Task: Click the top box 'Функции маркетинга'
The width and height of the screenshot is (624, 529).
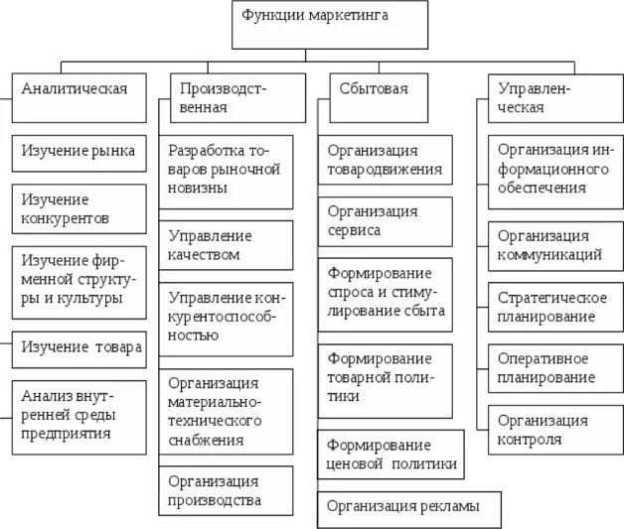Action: pyautogui.click(x=331, y=25)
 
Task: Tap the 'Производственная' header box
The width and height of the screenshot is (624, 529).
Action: pyautogui.click(x=231, y=97)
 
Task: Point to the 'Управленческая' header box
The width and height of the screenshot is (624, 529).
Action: pyautogui.click(x=550, y=97)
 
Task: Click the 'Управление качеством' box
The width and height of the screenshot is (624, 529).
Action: pyautogui.click(x=230, y=245)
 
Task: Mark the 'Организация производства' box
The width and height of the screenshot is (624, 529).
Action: pyautogui.click(x=230, y=490)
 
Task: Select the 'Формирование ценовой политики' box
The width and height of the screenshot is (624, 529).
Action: pyautogui.click(x=391, y=454)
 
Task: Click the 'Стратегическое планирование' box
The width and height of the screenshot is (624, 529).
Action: pyautogui.click(x=554, y=308)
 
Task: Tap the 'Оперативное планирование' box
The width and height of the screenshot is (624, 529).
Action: pyautogui.click(x=554, y=367)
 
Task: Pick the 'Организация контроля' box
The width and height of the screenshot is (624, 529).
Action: pyautogui.click(x=554, y=429)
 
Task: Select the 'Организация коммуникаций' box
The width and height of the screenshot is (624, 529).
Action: pyautogui.click(x=554, y=245)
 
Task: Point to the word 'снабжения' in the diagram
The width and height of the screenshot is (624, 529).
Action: pyautogui.click(x=207, y=440)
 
